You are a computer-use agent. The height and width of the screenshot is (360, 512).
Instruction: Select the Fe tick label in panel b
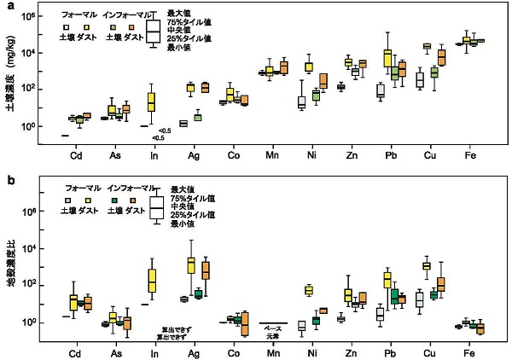(x=470, y=352)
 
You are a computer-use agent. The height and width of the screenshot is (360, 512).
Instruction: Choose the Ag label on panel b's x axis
(x=193, y=352)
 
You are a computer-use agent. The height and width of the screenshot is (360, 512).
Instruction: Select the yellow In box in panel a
(x=152, y=102)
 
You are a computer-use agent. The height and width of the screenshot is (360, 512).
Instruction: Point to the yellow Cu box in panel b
(x=426, y=266)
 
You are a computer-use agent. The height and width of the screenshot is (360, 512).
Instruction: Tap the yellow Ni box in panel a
(x=309, y=67)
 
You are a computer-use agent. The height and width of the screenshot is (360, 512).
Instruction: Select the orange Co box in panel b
(x=245, y=324)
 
